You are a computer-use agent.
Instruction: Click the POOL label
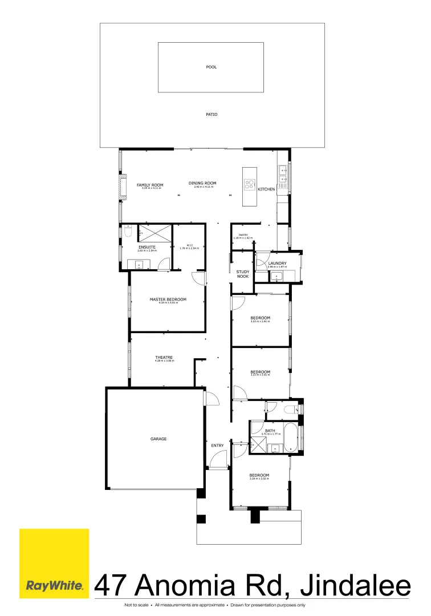coord(211,67)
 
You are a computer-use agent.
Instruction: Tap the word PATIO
coord(211,115)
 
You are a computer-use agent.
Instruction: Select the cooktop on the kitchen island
coord(250,184)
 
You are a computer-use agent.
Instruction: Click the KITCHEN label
coord(266,189)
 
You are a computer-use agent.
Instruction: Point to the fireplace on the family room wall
coord(121,188)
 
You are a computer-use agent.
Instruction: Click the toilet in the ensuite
coord(127,233)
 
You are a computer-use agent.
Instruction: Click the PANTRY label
coord(239,234)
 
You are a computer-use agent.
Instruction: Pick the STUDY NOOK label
coord(243,274)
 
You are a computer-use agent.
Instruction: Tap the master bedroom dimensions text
coord(168,303)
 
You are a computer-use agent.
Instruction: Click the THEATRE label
coord(164,358)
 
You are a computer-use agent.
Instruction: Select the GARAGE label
coord(158,439)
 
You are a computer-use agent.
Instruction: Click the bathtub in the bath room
coord(290,438)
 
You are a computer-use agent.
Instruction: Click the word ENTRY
coord(217,445)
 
